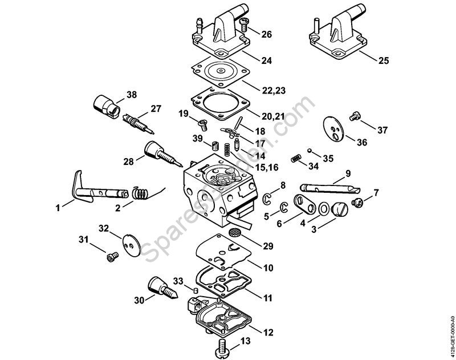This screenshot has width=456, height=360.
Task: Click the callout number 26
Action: [x=266, y=34]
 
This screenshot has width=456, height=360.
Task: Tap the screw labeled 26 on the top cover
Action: [x=244, y=25]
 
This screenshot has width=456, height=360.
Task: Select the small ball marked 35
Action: [x=310, y=151]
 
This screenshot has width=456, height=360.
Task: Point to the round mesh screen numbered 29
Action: [x=234, y=232]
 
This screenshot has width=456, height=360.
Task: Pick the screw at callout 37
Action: [x=354, y=116]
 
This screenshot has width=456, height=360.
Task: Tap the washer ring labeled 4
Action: [x=323, y=209]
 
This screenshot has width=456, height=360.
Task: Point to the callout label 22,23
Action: [x=274, y=91]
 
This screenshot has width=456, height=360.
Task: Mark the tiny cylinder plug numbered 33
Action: [x=196, y=290]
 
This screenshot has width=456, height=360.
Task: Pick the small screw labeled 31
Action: [x=112, y=257]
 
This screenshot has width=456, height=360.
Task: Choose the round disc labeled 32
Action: [x=131, y=246]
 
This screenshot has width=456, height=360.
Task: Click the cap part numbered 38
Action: [x=107, y=106]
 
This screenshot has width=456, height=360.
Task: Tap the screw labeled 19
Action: [x=203, y=125]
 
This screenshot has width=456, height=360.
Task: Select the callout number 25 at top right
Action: [x=384, y=60]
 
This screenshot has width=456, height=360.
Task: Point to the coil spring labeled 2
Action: [x=141, y=193]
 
